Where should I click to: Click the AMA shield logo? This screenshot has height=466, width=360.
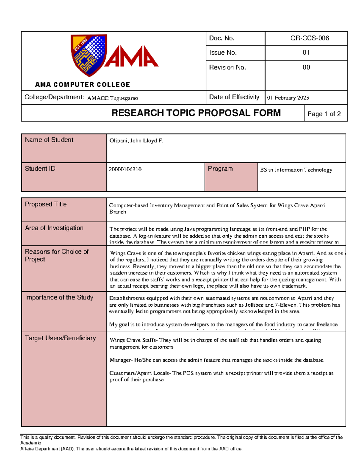click(x=89, y=55)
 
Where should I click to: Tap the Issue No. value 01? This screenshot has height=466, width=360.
click(x=306, y=53)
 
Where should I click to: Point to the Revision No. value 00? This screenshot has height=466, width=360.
click(x=306, y=67)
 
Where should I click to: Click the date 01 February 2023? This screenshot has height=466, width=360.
click(x=288, y=98)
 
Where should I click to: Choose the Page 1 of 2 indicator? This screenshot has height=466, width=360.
click(x=324, y=114)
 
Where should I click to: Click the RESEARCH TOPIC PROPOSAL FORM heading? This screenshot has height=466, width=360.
click(x=196, y=113)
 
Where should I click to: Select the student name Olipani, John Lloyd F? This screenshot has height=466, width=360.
click(x=136, y=141)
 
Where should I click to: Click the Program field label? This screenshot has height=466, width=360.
click(x=220, y=169)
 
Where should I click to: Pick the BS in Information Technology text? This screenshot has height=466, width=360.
click(x=296, y=170)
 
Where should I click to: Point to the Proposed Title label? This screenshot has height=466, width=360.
click(x=46, y=204)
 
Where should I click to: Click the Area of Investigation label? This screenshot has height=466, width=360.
click(x=54, y=228)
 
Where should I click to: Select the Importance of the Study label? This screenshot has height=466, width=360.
click(x=59, y=297)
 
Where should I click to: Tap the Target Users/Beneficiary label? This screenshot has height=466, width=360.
click(x=60, y=338)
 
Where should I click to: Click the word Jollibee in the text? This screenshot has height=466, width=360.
click(x=254, y=305)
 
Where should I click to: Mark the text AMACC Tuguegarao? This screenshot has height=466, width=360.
click(x=112, y=98)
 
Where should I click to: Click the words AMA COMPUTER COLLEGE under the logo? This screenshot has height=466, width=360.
click(x=82, y=85)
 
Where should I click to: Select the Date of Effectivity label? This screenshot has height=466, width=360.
click(x=234, y=97)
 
